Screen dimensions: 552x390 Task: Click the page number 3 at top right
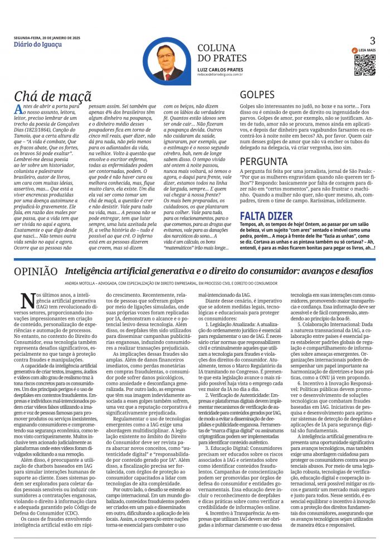(373, 40)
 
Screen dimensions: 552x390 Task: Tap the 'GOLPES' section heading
(257, 95)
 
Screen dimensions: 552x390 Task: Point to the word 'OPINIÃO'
(36, 272)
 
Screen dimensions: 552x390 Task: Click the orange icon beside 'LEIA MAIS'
(354, 50)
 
